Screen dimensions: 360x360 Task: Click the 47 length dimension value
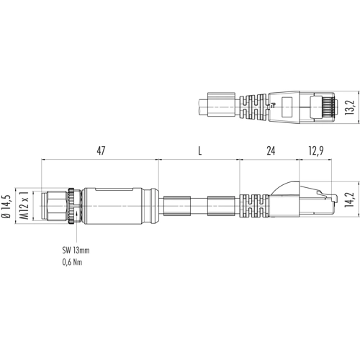point(101,150)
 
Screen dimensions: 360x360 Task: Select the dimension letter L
point(199,150)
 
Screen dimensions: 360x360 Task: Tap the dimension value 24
point(271,150)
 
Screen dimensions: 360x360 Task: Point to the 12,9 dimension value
point(316,150)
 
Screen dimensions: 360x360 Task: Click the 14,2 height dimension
point(349,199)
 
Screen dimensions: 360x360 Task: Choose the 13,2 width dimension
point(349,107)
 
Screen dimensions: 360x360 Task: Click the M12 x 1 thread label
point(24,205)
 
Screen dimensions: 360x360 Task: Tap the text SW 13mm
point(76,251)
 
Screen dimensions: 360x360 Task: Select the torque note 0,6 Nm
point(72,262)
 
